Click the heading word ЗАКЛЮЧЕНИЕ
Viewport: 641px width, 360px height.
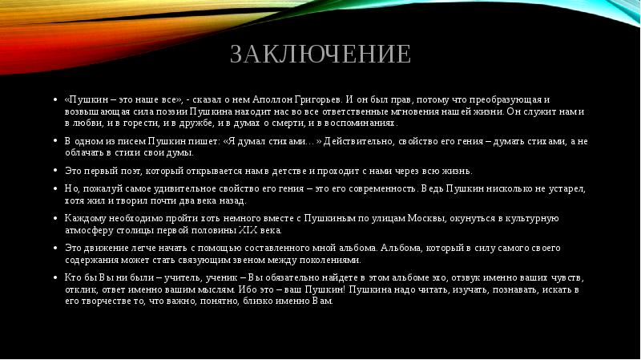click(320, 55)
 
